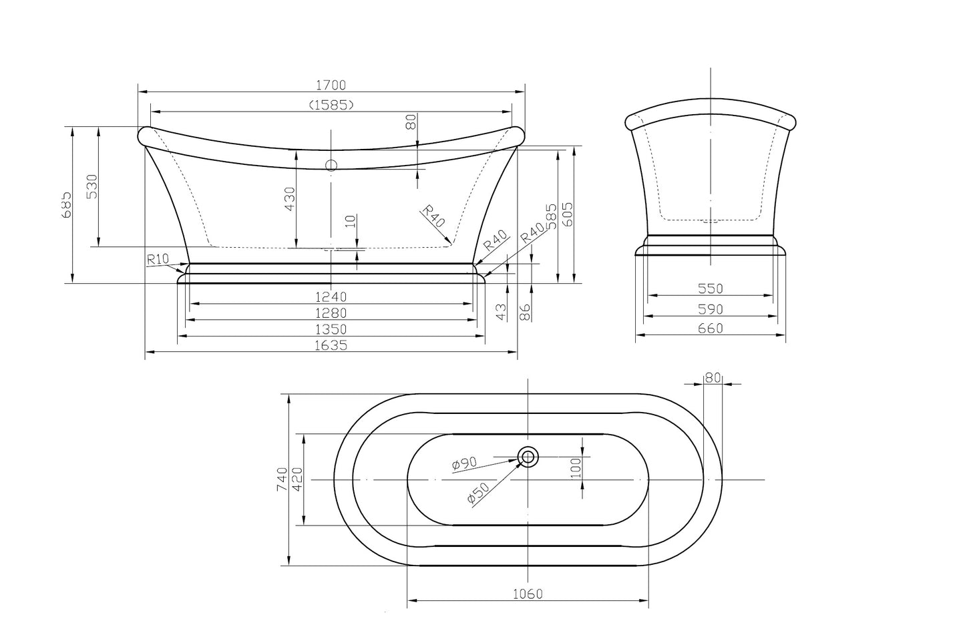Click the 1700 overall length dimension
click(331, 85)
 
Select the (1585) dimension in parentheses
click(331, 105)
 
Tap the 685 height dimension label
click(67, 205)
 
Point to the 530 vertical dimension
click(93, 186)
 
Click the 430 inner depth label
click(290, 199)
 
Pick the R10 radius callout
click(157, 259)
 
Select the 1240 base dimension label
click(331, 296)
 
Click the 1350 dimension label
click(331, 329)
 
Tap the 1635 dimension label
click(331, 345)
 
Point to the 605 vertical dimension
click(568, 215)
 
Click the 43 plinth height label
click(501, 312)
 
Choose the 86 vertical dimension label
click(525, 312)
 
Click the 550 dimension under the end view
click(711, 288)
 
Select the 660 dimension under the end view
click(711, 329)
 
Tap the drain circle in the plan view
click(528, 457)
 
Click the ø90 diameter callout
click(464, 463)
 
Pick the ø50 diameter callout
click(478, 493)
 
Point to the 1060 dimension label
click(528, 594)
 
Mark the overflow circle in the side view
click(331, 166)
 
